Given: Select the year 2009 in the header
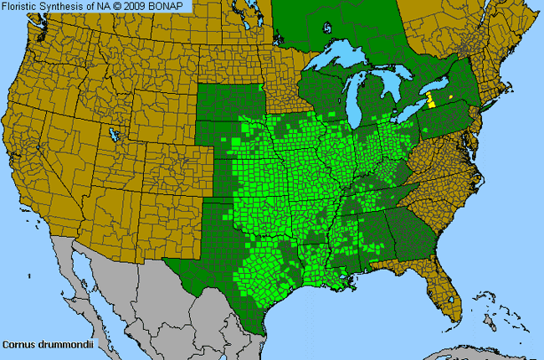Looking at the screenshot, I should click(138, 6).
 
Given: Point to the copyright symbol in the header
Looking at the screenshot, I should click(119, 6).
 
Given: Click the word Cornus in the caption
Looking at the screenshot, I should click(17, 344).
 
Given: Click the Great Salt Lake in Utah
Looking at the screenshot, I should click(112, 134).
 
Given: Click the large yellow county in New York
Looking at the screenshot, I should click(431, 101).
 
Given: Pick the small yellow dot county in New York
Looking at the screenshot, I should click(449, 97).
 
